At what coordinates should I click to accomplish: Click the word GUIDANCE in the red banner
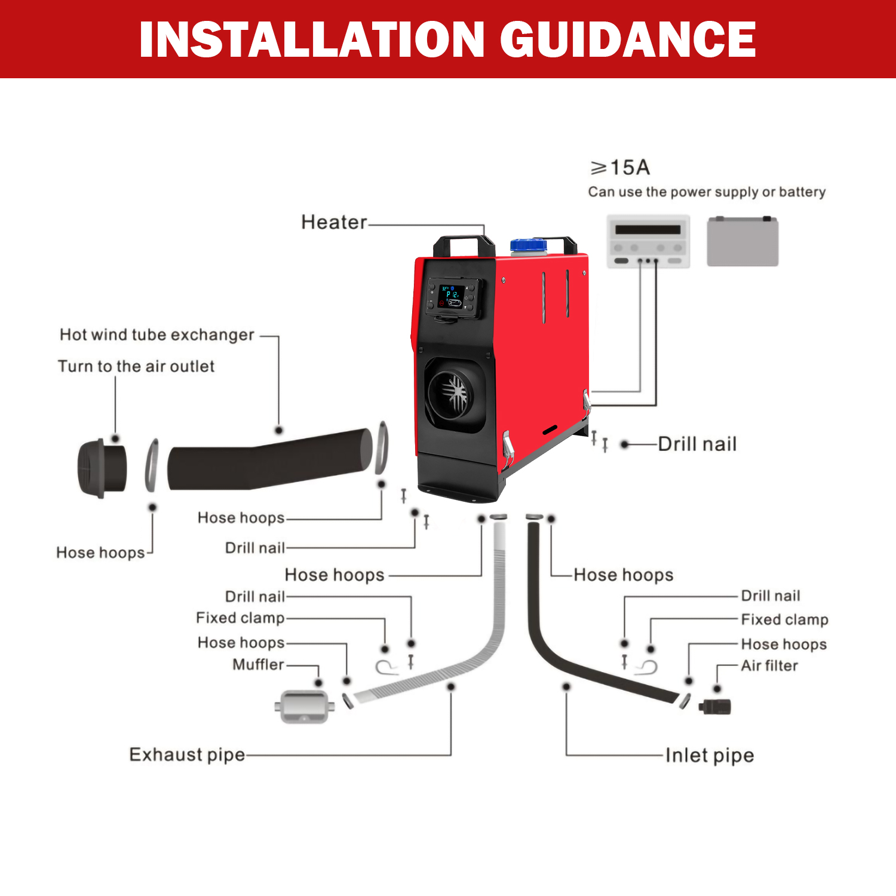(628, 39)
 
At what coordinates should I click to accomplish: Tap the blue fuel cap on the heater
(529, 245)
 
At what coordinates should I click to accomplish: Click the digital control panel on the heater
(453, 297)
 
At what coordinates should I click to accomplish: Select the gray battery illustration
(742, 241)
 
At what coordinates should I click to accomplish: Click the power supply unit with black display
(648, 241)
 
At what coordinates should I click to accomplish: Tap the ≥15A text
(620, 168)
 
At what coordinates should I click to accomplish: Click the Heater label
(334, 222)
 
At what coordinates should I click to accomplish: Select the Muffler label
(259, 664)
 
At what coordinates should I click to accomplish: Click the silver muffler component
(304, 707)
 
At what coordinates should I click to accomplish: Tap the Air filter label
(769, 665)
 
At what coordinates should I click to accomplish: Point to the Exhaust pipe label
(187, 755)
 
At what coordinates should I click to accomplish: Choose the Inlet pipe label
(710, 756)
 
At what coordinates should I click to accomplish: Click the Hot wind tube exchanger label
(157, 335)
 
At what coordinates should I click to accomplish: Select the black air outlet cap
(102, 468)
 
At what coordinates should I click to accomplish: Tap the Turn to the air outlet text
(136, 366)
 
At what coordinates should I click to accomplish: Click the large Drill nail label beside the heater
(697, 444)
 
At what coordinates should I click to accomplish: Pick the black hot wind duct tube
(270, 459)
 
